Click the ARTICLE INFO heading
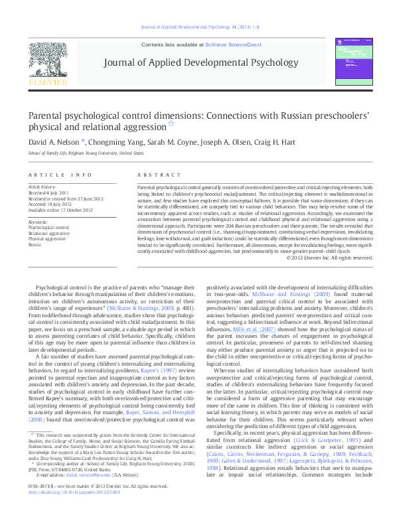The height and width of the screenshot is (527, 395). pyautogui.click(x=60, y=175)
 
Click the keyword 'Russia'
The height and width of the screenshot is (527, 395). pyautogui.click(x=35, y=245)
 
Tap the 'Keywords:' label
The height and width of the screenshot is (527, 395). pyautogui.click(x=38, y=222)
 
